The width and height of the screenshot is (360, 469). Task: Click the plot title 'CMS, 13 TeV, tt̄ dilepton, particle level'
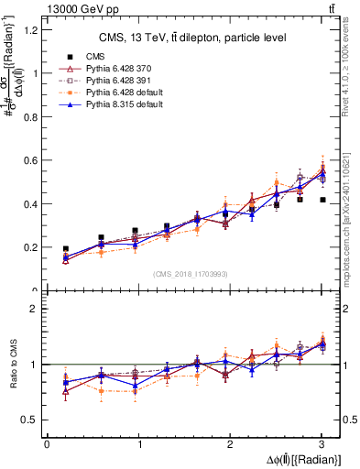click(x=192, y=38)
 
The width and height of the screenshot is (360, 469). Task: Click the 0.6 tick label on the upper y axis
click(x=31, y=160)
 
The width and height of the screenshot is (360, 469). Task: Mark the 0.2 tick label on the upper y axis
click(x=31, y=247)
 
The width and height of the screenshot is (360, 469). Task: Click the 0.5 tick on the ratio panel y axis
click(x=31, y=420)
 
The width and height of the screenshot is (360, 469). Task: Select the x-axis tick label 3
click(x=322, y=444)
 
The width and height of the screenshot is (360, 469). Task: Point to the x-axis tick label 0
click(x=47, y=444)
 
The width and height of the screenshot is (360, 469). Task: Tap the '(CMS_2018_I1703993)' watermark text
click(x=192, y=274)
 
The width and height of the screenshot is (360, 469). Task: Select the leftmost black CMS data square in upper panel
click(x=65, y=249)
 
